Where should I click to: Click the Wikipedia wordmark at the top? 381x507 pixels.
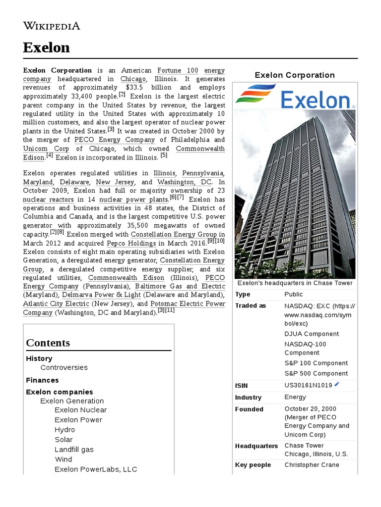point(51,26)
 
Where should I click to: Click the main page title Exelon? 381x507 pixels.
point(46,48)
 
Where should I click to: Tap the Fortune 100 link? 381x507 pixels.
point(178,70)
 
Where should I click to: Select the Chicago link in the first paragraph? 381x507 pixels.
point(133,79)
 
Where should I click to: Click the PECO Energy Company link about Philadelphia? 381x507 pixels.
point(114,140)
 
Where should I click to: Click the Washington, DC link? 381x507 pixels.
point(185,182)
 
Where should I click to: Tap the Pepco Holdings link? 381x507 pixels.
point(132,243)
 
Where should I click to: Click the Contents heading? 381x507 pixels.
point(48,343)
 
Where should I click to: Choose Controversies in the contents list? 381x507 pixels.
point(64,367)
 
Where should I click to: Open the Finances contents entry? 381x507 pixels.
point(42,380)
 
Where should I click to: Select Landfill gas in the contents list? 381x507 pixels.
point(74,450)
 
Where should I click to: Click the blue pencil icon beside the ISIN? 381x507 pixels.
point(337,384)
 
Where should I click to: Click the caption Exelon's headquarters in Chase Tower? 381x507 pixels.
point(295,283)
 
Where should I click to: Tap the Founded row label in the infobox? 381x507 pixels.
point(249,409)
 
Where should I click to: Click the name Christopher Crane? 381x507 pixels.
point(312,465)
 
